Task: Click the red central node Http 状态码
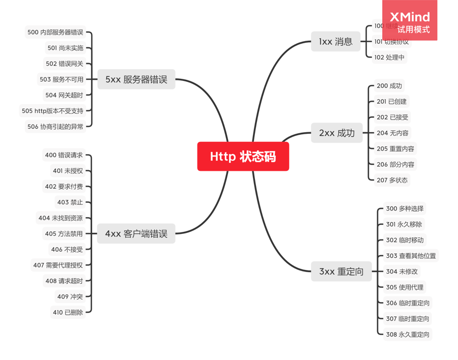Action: pos(243,157)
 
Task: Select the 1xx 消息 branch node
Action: pos(335,42)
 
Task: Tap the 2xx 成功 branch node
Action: pos(336,133)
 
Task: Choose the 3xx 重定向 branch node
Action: pos(341,272)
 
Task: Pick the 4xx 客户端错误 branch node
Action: pos(136,234)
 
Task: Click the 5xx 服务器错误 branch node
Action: pos(136,79)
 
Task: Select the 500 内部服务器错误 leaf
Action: pos(55,32)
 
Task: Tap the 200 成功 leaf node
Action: pos(389,86)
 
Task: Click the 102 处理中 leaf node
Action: pos(389,57)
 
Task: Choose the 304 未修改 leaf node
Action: pos(402,272)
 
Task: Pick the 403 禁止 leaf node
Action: pos(70,202)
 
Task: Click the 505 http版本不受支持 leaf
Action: pos(52,110)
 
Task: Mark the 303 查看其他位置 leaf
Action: pos(411,256)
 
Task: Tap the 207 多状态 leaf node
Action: pos(392,180)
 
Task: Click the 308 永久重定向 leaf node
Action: pos(407,334)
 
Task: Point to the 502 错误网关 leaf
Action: pos(64,64)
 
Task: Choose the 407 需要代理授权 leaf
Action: pos(58,265)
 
